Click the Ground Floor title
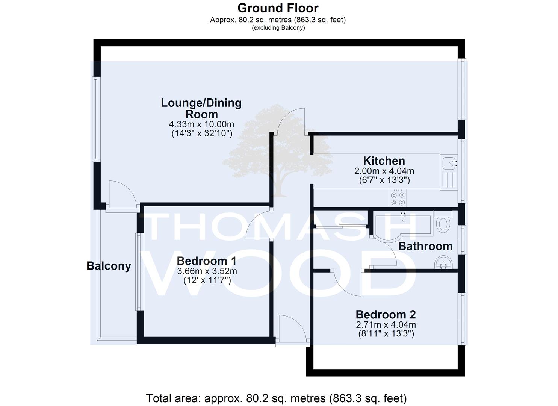pyautogui.click(x=278, y=8)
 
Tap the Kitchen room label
pyautogui.click(x=384, y=161)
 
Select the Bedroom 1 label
pyautogui.click(x=207, y=261)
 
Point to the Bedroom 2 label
pyautogui.click(x=386, y=315)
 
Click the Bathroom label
pyautogui.click(x=425, y=246)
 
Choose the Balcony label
pyautogui.click(x=109, y=266)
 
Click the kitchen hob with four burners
pyautogui.click(x=398, y=198)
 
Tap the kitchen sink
pyautogui.click(x=449, y=172)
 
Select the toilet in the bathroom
pyautogui.click(x=443, y=222)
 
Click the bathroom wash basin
pyautogui.click(x=443, y=262)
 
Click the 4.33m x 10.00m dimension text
pyautogui.click(x=201, y=124)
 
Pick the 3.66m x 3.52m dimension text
pyautogui.click(x=207, y=271)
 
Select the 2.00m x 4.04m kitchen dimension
pyautogui.click(x=384, y=171)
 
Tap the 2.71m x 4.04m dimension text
pyautogui.click(x=386, y=325)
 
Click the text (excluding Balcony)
pyautogui.click(x=278, y=28)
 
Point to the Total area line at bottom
pyautogui.click(x=276, y=398)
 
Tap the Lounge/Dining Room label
pyautogui.click(x=201, y=109)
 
